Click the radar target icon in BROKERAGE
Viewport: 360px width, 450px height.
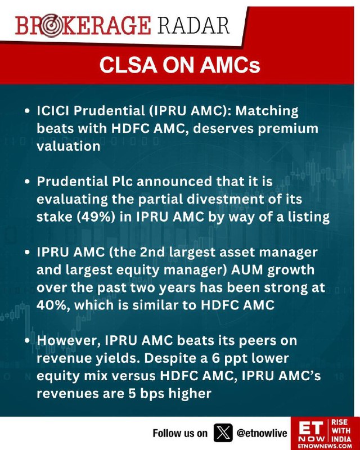(49, 25)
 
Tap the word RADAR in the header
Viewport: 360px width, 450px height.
(193, 25)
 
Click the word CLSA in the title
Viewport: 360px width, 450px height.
(128, 65)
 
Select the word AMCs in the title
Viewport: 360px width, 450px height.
(230, 65)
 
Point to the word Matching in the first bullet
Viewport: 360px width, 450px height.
(267, 111)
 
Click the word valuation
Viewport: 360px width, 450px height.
(68, 146)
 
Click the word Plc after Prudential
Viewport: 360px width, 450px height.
(120, 181)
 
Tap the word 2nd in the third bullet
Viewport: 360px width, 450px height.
(152, 252)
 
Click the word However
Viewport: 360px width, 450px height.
(68, 341)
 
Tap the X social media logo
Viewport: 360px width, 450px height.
(223, 433)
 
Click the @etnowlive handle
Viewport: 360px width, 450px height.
(262, 433)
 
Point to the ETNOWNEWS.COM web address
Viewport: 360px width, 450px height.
(325, 446)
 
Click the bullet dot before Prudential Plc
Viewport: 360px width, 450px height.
(27, 182)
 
